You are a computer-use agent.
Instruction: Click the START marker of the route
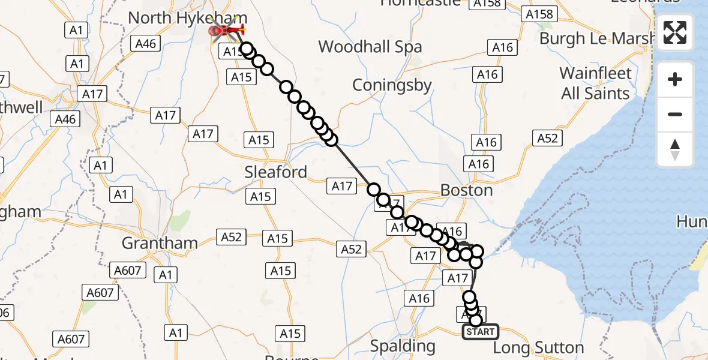pos(480,332)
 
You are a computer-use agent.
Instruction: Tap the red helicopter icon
pos(227,31)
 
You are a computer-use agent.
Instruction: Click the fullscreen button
pos(675,32)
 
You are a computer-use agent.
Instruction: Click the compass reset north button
pos(675,149)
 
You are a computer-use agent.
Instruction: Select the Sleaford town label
pos(275,172)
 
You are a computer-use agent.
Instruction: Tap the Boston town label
pos(466,190)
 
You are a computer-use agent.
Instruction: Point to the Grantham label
pos(160,243)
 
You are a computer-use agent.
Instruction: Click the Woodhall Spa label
pos(370,47)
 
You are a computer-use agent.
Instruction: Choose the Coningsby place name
pos(392,85)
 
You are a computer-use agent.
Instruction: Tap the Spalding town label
pos(403,346)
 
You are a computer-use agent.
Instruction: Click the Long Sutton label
pos(538,348)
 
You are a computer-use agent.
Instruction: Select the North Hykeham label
pos(187,18)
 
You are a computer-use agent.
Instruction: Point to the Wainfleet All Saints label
pos(595,83)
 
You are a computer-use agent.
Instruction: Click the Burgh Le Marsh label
pos(596,38)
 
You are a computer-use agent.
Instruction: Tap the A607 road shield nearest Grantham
pos(128,271)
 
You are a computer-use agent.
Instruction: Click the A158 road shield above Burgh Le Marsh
pos(538,14)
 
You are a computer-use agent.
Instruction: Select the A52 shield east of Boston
pos(547,139)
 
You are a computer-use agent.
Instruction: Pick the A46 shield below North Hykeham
pos(146,43)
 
